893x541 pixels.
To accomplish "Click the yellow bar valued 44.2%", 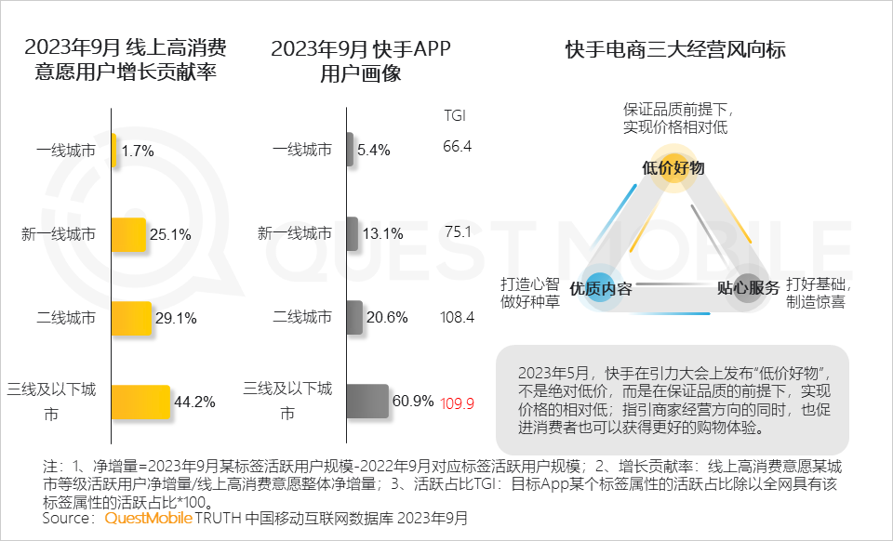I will point(140,402).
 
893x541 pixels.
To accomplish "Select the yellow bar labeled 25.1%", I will point(128,234).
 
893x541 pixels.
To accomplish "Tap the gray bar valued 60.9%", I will point(368,402).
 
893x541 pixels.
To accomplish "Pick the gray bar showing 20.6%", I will point(355,317).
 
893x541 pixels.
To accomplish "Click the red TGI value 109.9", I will point(457,403).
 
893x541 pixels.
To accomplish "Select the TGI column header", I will point(455,116).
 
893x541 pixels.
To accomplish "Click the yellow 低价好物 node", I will point(673,167).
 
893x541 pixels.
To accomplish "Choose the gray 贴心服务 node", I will point(747,288).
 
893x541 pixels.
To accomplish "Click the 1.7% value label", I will point(138,151).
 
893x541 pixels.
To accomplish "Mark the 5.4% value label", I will point(373,151).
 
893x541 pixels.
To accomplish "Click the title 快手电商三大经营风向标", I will point(675,50).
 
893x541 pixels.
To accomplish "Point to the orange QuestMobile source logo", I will point(149,517).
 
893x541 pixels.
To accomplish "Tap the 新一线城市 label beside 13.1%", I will point(294,233).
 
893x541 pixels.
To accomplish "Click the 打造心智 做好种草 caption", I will point(530,292).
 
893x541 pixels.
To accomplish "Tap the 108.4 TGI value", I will point(457,317).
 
